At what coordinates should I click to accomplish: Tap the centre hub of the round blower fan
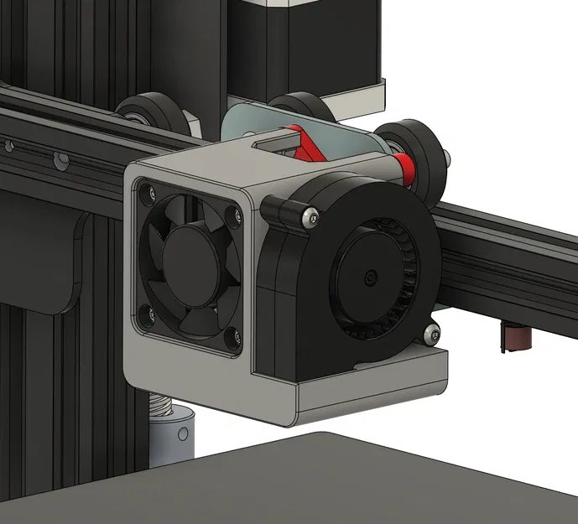click(369, 275)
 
